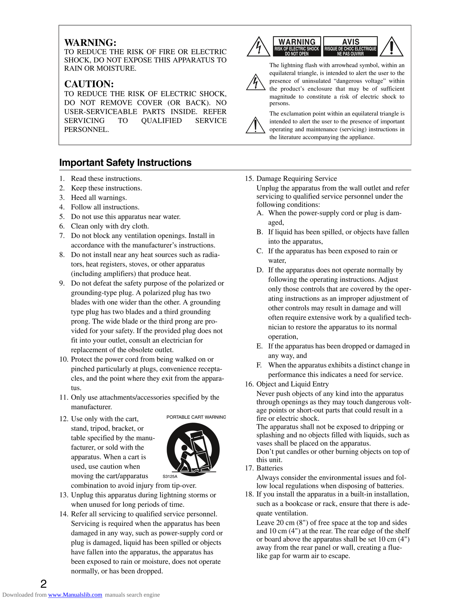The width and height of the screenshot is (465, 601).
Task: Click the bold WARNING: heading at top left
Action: pyautogui.click(x=90, y=43)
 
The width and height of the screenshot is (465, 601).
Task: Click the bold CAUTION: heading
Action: pyautogui.click(x=89, y=84)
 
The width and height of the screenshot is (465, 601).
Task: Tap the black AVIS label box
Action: pyautogui.click(x=350, y=47)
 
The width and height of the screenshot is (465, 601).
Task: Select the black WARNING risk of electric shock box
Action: pyautogui.click(x=297, y=47)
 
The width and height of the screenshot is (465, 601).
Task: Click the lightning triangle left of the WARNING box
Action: pyautogui.click(x=258, y=47)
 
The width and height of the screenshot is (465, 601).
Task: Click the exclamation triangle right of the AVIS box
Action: pyautogui.click(x=391, y=47)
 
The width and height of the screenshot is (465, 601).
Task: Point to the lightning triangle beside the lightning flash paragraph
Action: pyautogui.click(x=256, y=83)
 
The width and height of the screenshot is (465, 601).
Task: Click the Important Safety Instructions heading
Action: pyautogui.click(x=125, y=163)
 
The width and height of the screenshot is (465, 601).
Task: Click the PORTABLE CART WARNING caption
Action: pyautogui.click(x=196, y=417)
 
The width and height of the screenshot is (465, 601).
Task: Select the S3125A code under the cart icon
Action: pyautogui.click(x=170, y=476)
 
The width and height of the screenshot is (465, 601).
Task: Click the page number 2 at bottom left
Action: pyautogui.click(x=43, y=583)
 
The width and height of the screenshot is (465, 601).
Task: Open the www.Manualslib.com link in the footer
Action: pyautogui.click(x=75, y=595)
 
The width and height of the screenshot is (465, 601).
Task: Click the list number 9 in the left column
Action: pyautogui.click(x=62, y=283)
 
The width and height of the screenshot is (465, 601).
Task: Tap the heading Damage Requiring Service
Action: pyautogui.click(x=296, y=179)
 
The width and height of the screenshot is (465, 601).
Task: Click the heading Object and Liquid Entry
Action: pyautogui.click(x=293, y=384)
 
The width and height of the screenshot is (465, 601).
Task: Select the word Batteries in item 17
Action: pyautogui.click(x=270, y=468)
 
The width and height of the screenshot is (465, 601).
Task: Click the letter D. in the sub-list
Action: pyautogui.click(x=260, y=270)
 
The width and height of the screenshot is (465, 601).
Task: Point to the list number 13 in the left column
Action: pyautogui.click(x=63, y=495)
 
